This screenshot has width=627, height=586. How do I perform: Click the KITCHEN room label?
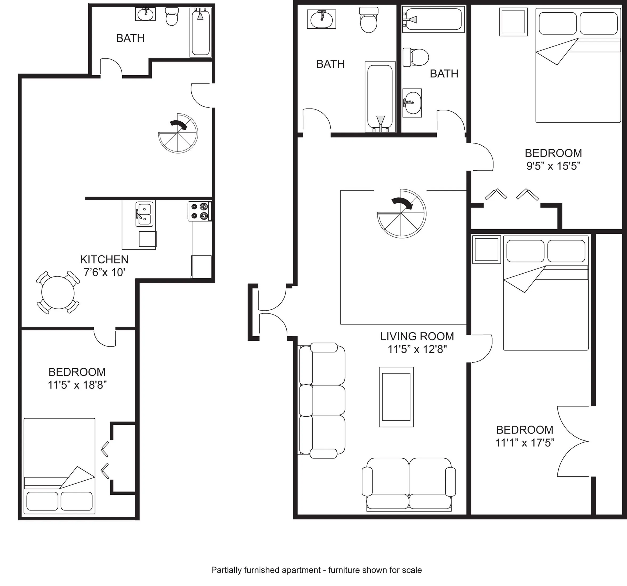pos(104,259)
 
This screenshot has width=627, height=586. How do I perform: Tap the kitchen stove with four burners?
pos(200,211)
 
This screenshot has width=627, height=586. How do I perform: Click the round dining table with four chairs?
pos(58,293)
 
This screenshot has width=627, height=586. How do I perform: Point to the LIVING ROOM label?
pos(417,337)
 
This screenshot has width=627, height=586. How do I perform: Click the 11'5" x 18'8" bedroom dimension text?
pos(77,385)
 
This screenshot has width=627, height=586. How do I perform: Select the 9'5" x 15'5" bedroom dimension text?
pos(553,166)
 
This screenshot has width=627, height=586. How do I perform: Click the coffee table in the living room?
pos(396,397)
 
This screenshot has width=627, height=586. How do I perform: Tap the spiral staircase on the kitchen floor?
pos(178,134)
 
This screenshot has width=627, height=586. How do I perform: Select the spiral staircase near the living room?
pos(401,213)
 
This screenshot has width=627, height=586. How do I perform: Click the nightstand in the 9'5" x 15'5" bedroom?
pos(513,22)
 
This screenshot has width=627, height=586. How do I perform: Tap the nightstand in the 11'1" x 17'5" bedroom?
pos(486,250)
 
